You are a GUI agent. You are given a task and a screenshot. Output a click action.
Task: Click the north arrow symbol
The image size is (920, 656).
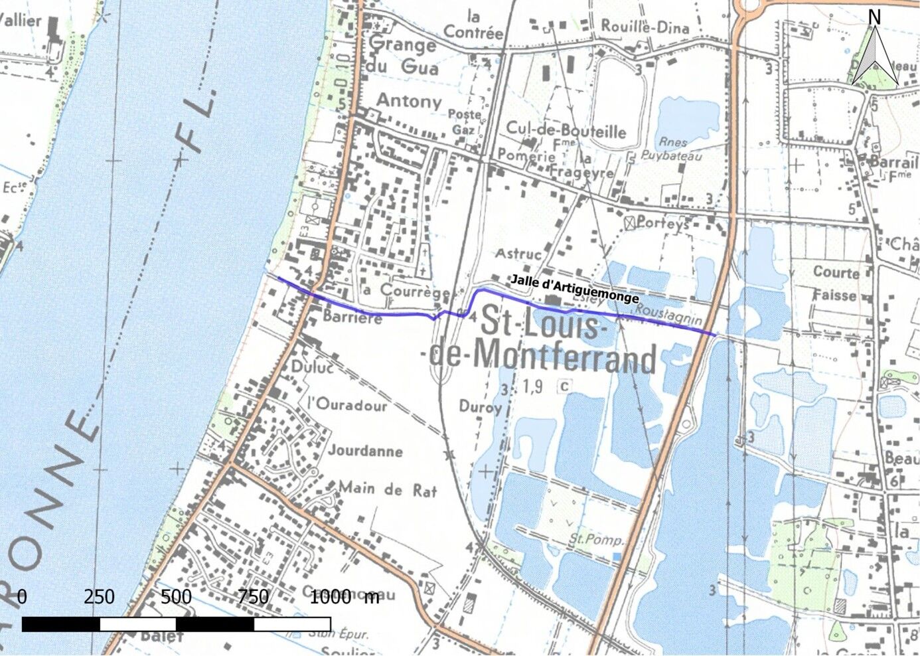coord(875,53)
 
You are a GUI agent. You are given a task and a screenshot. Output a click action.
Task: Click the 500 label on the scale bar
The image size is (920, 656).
coord(176,597)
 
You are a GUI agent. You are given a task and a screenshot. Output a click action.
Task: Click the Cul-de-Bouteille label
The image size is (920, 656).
coord(566,129)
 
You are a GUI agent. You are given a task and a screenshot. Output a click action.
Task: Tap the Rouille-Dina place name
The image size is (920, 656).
coord(645,27)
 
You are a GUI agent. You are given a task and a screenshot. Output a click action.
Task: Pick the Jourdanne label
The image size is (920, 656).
coord(365,451)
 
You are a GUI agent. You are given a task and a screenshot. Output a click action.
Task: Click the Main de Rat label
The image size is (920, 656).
coord(388,490)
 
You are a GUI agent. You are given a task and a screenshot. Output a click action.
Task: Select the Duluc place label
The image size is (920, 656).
coord(311,367)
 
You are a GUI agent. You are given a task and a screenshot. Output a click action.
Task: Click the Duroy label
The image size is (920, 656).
coord(479,406)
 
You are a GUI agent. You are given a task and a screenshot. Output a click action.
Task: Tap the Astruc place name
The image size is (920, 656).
coord(518,253)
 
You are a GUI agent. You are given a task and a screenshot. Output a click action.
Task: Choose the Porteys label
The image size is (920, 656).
coord(662,223)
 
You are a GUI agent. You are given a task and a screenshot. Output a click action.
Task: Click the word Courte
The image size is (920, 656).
coord(836,272)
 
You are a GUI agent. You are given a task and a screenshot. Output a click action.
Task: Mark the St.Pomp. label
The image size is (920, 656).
coord(595,539)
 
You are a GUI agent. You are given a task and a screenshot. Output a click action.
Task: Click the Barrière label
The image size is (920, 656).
coord(352,317)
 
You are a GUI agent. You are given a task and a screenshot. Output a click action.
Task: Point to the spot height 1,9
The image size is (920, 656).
coord(532,386)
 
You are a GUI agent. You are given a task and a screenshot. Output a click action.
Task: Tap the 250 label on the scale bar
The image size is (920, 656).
coord(99,597)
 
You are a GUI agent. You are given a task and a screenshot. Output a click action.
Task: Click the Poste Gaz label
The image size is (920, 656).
coord(464,121)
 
